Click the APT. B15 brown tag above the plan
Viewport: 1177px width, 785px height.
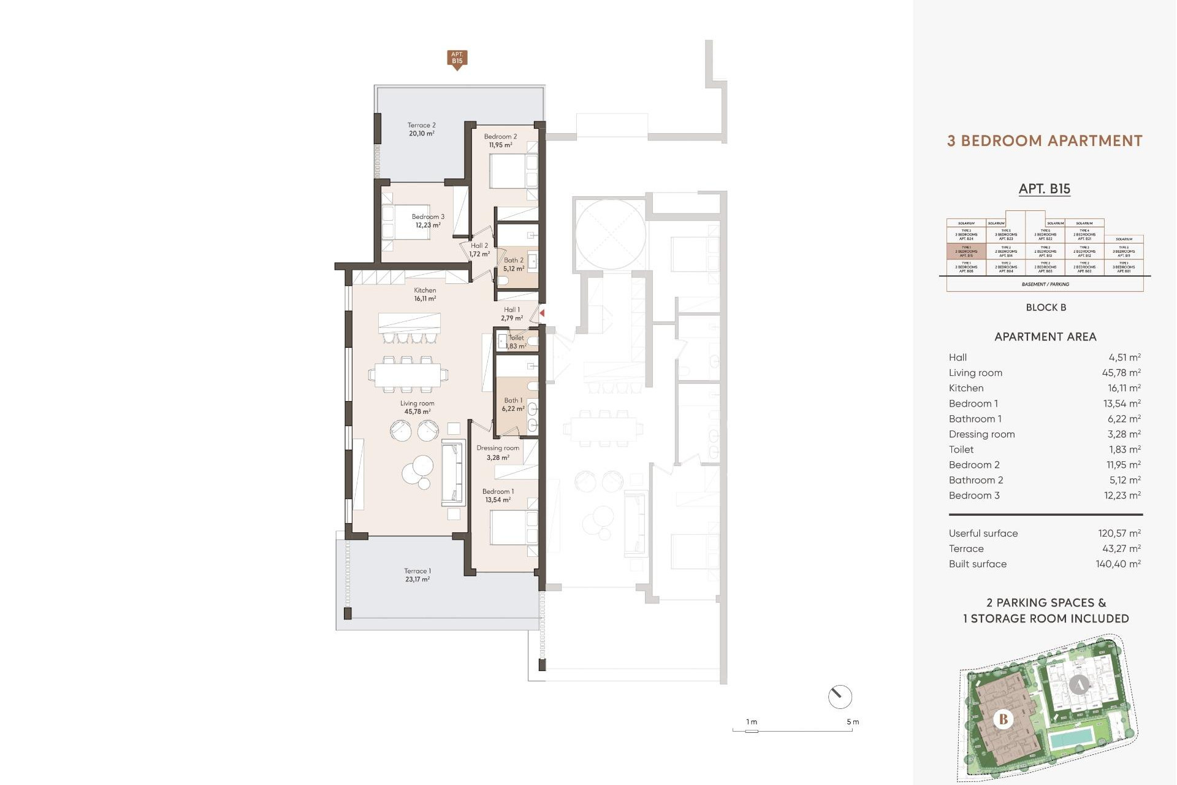pos(457,59)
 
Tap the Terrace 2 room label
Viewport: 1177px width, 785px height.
pos(422,125)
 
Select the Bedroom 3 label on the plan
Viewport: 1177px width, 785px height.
pos(428,216)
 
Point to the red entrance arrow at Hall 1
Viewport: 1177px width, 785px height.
pos(542,313)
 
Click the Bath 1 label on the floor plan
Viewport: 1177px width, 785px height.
pos(513,400)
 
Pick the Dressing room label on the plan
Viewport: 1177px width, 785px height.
pos(498,448)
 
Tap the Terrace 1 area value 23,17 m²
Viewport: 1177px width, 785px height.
pos(417,580)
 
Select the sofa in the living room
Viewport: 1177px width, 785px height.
pos(453,473)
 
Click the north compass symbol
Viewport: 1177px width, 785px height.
pos(840,697)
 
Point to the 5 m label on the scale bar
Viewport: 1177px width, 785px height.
pos(853,722)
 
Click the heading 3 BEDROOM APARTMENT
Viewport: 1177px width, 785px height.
pos(1045,141)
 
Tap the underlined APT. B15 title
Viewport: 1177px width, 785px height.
pos(1045,189)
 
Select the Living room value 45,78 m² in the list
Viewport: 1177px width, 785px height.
pos(1121,373)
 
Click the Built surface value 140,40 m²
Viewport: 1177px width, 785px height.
pos(1118,564)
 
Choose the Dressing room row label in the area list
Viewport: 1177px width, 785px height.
pos(981,434)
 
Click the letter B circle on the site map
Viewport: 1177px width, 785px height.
pos(1004,719)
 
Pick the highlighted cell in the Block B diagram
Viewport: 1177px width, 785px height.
pos(966,251)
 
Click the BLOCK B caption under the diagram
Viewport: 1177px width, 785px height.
pos(1046,307)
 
